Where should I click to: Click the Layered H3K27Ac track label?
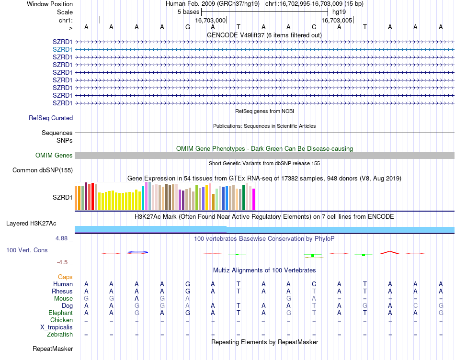31,223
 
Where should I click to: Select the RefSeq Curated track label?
51,118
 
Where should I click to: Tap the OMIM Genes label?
54,155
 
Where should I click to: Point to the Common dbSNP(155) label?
43,170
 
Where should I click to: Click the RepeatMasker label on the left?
53,349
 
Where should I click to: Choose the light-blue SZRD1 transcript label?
62,49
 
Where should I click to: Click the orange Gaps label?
65,277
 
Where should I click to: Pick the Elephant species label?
59,313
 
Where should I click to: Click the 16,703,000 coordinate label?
210,20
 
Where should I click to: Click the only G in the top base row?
188,27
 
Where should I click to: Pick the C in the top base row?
314,27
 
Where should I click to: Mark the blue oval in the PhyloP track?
137,252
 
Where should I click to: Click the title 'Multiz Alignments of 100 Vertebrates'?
264,270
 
